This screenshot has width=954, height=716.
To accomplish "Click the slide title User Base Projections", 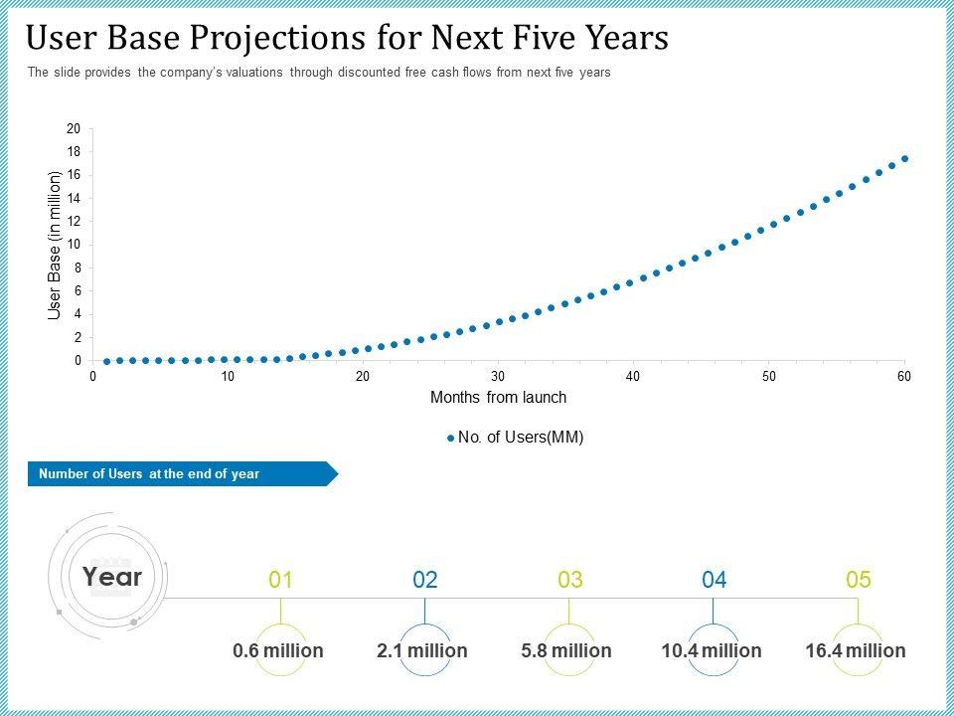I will pyautogui.click(x=347, y=38).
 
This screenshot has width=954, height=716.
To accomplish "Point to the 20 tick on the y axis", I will pyautogui.click(x=74, y=129).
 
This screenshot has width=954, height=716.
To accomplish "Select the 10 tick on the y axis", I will pyautogui.click(x=74, y=245).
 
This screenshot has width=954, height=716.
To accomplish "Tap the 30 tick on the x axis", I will pyautogui.click(x=498, y=376).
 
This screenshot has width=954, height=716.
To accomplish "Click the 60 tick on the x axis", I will pyautogui.click(x=904, y=376).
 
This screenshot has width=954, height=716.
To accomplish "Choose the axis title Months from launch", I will pyautogui.click(x=498, y=398).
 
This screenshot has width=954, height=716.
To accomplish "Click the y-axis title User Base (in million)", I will pyautogui.click(x=56, y=245).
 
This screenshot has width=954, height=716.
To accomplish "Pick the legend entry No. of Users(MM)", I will pyautogui.click(x=515, y=437).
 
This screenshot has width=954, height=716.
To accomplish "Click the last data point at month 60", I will pyautogui.click(x=904, y=158).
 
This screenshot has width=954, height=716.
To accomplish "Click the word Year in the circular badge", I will pyautogui.click(x=112, y=577).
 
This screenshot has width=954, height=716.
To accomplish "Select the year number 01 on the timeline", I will pyautogui.click(x=281, y=580).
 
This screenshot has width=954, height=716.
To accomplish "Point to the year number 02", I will pyautogui.click(x=425, y=580).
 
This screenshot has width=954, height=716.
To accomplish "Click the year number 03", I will pyautogui.click(x=569, y=580).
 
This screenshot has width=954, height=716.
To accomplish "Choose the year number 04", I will pyautogui.click(x=714, y=580).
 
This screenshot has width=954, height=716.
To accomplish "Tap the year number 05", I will pyautogui.click(x=858, y=580).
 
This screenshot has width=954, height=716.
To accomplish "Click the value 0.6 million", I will pyautogui.click(x=278, y=650).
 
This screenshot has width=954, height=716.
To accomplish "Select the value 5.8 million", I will pyautogui.click(x=566, y=650).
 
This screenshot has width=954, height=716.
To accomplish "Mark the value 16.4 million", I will pyautogui.click(x=856, y=650).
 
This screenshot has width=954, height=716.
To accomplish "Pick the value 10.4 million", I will pyautogui.click(x=712, y=650).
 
